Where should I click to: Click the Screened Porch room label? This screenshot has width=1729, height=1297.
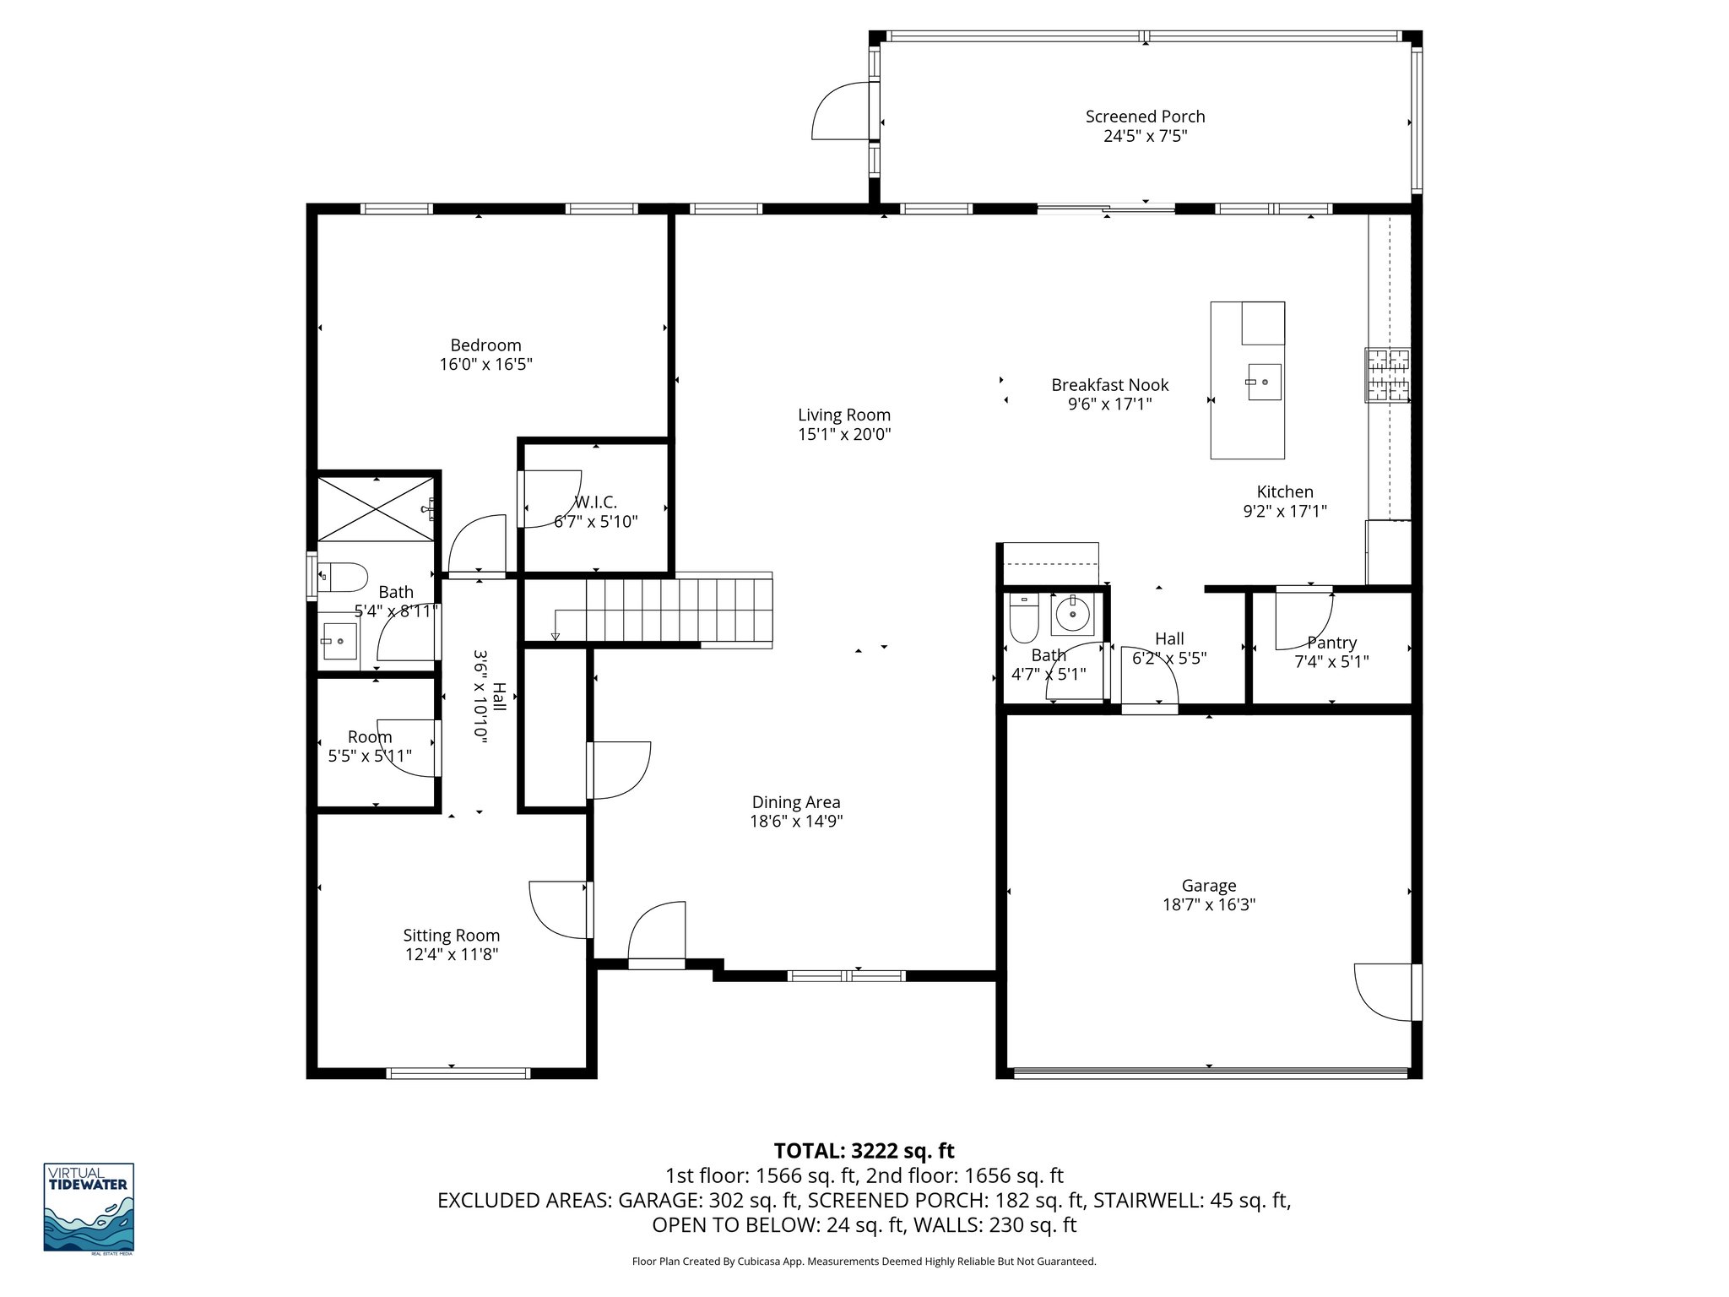click(x=1145, y=117)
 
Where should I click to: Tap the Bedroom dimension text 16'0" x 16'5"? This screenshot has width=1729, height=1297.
click(x=485, y=365)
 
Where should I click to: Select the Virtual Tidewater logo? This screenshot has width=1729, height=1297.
click(x=89, y=1207)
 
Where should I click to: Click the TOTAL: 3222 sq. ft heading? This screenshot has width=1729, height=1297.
click(x=864, y=1150)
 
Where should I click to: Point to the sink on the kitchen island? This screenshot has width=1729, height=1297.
click(x=1264, y=382)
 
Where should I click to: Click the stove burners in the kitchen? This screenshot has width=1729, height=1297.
click(x=1387, y=375)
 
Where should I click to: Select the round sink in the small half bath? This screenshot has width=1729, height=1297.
click(x=1072, y=614)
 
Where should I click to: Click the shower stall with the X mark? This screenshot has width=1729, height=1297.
click(x=376, y=508)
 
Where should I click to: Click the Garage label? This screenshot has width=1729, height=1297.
click(x=1208, y=885)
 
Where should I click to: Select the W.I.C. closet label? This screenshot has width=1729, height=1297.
click(x=596, y=502)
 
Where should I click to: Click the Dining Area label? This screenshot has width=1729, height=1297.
click(x=795, y=802)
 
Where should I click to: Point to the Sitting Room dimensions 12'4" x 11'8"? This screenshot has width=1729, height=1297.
click(x=452, y=955)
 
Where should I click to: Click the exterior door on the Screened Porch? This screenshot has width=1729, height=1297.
click(x=840, y=111)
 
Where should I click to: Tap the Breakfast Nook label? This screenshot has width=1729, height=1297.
click(x=1109, y=385)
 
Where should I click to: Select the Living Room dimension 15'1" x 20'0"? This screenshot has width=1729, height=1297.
click(x=844, y=435)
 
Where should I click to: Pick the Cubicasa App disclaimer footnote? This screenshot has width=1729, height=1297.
click(x=864, y=1262)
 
